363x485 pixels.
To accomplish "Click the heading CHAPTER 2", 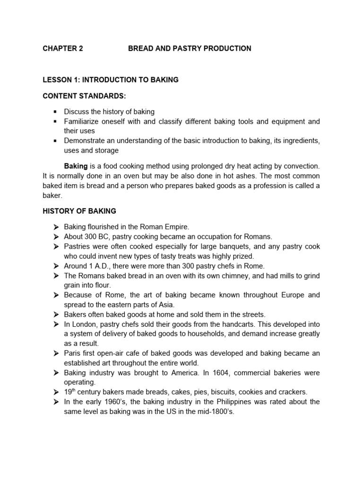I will (x=62, y=48).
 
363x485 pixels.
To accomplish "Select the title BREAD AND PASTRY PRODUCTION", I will (x=190, y=48).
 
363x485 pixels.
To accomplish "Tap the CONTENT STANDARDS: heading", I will (x=85, y=96).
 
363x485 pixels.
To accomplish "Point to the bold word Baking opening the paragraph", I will (x=76, y=166).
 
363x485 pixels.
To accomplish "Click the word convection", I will (x=302, y=166).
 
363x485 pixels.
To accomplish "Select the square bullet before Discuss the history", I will (x=55, y=112).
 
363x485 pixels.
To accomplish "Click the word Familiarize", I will (x=83, y=121).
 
